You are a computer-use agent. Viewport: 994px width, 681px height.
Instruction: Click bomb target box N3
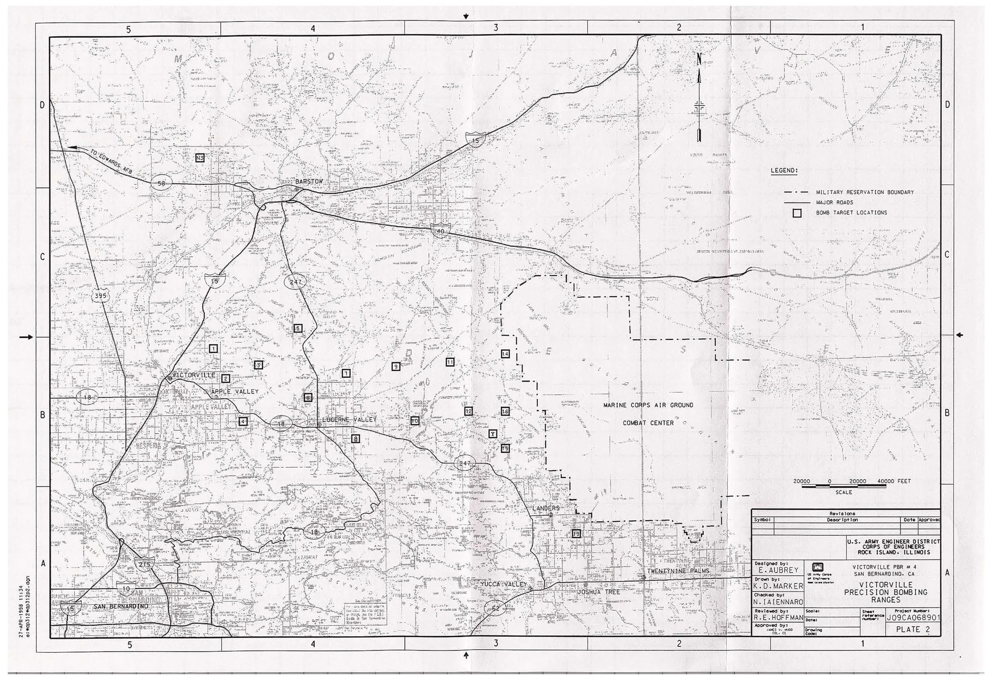click(x=200, y=158)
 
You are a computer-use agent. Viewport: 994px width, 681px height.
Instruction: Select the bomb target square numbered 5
click(x=298, y=328)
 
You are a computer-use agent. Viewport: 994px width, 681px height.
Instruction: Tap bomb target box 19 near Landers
click(x=576, y=534)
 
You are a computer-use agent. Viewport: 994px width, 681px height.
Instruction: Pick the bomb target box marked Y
click(x=493, y=434)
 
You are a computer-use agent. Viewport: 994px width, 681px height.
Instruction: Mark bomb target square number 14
click(x=505, y=354)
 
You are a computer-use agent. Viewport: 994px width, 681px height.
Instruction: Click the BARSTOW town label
click(x=309, y=182)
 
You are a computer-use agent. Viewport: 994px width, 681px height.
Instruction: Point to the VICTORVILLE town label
click(x=193, y=375)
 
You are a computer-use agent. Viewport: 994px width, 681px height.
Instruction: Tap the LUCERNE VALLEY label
click(x=349, y=420)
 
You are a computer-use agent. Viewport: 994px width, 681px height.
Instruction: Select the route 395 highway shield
click(x=100, y=295)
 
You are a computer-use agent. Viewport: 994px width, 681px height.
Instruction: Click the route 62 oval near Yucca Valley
click(x=495, y=608)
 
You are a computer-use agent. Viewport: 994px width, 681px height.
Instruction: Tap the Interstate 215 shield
click(x=145, y=565)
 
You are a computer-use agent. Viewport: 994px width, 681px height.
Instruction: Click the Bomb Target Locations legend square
click(x=797, y=213)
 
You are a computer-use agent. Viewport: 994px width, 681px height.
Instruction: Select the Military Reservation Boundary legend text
click(x=864, y=192)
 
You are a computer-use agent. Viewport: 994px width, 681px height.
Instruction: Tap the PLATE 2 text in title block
click(x=913, y=629)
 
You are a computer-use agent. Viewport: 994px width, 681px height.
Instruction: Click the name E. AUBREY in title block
click(x=778, y=570)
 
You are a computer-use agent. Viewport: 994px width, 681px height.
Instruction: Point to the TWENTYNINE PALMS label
click(x=678, y=571)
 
